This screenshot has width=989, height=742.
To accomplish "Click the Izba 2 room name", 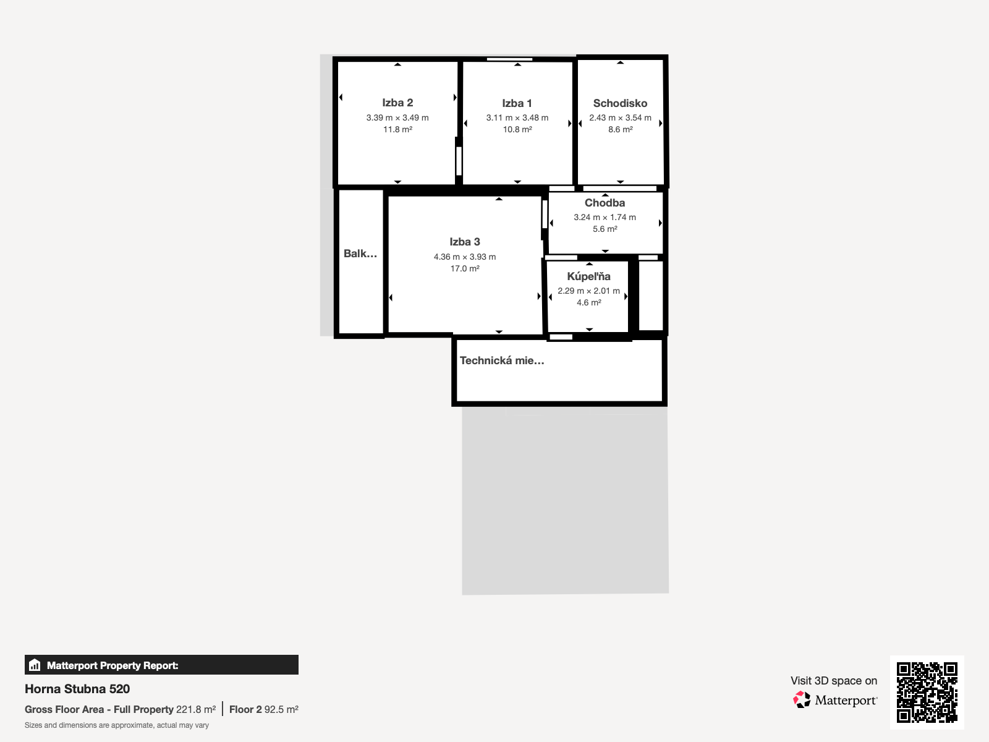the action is pyautogui.click(x=397, y=103).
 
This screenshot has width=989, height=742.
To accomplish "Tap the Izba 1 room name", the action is pyautogui.click(x=517, y=103).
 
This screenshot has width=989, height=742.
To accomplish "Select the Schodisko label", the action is pyautogui.click(x=620, y=103).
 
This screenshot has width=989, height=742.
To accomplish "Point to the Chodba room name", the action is pyautogui.click(x=605, y=203).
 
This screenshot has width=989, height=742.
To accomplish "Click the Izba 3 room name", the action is pyautogui.click(x=465, y=242).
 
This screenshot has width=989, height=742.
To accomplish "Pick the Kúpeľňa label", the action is pyautogui.click(x=588, y=276).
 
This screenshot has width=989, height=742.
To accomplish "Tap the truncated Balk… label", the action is pyautogui.click(x=360, y=254).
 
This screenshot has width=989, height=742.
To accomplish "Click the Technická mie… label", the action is pyautogui.click(x=502, y=360).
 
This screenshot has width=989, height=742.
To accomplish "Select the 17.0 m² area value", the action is pyautogui.click(x=465, y=268).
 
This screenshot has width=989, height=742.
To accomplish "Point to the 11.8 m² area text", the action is pyautogui.click(x=397, y=129).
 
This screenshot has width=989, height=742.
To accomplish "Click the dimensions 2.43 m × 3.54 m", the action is pyautogui.click(x=620, y=117).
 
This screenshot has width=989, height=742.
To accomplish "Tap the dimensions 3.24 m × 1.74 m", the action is pyautogui.click(x=605, y=217).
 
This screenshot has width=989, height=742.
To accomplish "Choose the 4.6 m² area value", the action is pyautogui.click(x=588, y=302).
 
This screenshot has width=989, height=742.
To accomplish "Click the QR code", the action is pyautogui.click(x=927, y=692).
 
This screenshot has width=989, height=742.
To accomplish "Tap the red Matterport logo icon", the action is pyautogui.click(x=802, y=700).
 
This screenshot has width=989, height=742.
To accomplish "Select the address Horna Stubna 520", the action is pyautogui.click(x=77, y=689).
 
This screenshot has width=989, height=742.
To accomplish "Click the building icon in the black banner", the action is pyautogui.click(x=35, y=665).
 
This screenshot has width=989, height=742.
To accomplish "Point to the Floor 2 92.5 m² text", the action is pyautogui.click(x=263, y=710).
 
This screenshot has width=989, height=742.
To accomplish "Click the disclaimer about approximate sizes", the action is pyautogui.click(x=117, y=725).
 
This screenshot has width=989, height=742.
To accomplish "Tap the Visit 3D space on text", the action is pyautogui.click(x=834, y=681).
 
